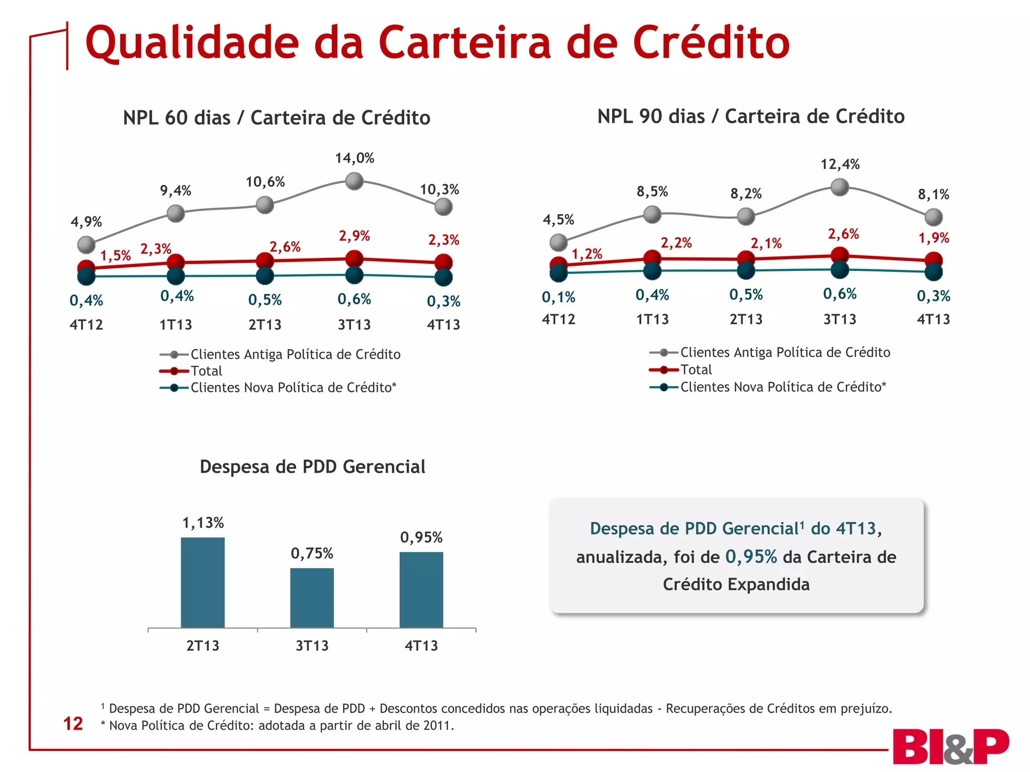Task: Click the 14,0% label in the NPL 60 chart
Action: click(x=355, y=158)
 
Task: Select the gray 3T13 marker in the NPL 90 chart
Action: click(x=839, y=187)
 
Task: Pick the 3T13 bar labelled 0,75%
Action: click(x=312, y=598)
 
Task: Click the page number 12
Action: click(x=73, y=724)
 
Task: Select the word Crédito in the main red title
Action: click(x=711, y=43)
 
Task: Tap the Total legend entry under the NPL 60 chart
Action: click(x=206, y=371)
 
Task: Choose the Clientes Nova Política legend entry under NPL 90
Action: click(x=783, y=387)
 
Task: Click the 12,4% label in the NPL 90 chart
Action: click(x=840, y=164)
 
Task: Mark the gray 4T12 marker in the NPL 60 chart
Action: click(x=87, y=245)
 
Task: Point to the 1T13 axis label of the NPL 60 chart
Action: click(x=176, y=325)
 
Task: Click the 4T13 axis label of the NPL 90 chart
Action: click(x=933, y=319)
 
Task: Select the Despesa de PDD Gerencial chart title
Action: click(x=312, y=467)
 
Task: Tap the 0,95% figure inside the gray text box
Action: click(x=751, y=556)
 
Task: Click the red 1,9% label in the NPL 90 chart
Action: click(x=934, y=238)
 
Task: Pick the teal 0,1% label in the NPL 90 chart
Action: click(x=558, y=298)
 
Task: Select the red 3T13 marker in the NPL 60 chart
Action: click(x=355, y=259)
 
